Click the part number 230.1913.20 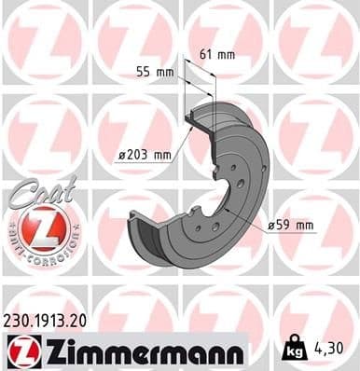[x=53, y=321]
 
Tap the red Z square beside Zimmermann [x=20, y=351]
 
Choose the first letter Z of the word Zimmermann [x=44, y=351]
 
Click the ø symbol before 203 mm [x=123, y=156]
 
